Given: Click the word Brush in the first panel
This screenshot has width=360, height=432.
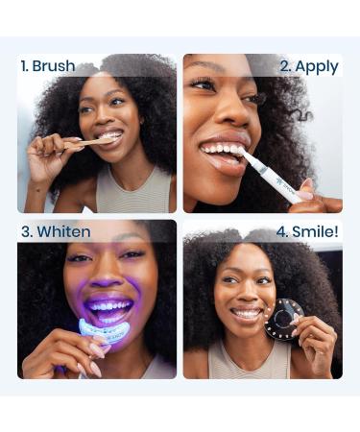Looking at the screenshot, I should pos(54,66).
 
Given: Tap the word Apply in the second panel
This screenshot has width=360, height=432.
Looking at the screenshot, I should pos(317,66).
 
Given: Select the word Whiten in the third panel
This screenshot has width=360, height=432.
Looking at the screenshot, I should pos(63,232).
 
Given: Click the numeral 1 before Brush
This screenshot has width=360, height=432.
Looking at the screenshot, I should pos(24,66).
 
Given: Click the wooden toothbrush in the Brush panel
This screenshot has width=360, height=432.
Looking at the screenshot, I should pos(86,143).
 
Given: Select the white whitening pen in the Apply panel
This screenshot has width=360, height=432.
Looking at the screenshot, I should pos(273,173).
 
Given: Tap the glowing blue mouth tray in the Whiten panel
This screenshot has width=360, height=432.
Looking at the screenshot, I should pos(103,331).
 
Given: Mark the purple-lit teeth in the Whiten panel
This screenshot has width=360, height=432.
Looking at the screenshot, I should pos(107,309).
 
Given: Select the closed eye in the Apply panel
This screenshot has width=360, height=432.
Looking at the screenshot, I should pos(203,84).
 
